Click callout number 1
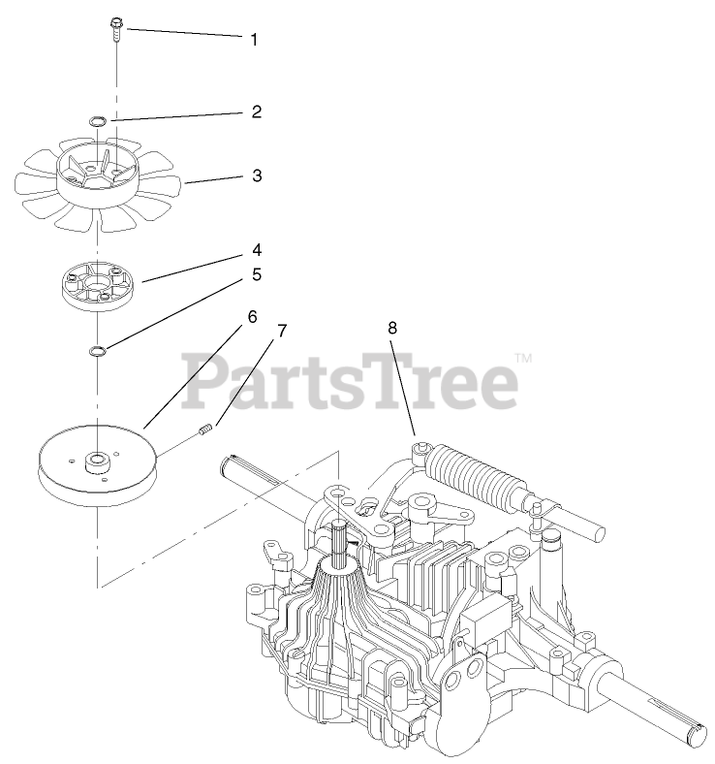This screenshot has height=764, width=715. click(254, 40)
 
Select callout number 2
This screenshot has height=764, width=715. click(257, 111)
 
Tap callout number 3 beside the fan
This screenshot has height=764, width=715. click(257, 175)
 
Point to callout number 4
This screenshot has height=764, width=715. click(257, 250)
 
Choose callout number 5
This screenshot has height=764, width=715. click(257, 274)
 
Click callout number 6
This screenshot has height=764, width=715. click(252, 317)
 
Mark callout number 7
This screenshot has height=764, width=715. click(282, 331)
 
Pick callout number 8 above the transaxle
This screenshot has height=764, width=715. click(392, 328)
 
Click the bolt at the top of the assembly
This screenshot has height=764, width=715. click(116, 29)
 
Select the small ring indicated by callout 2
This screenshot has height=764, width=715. click(97, 120)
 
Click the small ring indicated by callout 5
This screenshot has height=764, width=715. click(97, 351)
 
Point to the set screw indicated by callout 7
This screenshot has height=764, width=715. click(205, 430)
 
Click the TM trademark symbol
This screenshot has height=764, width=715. click(523, 358)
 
